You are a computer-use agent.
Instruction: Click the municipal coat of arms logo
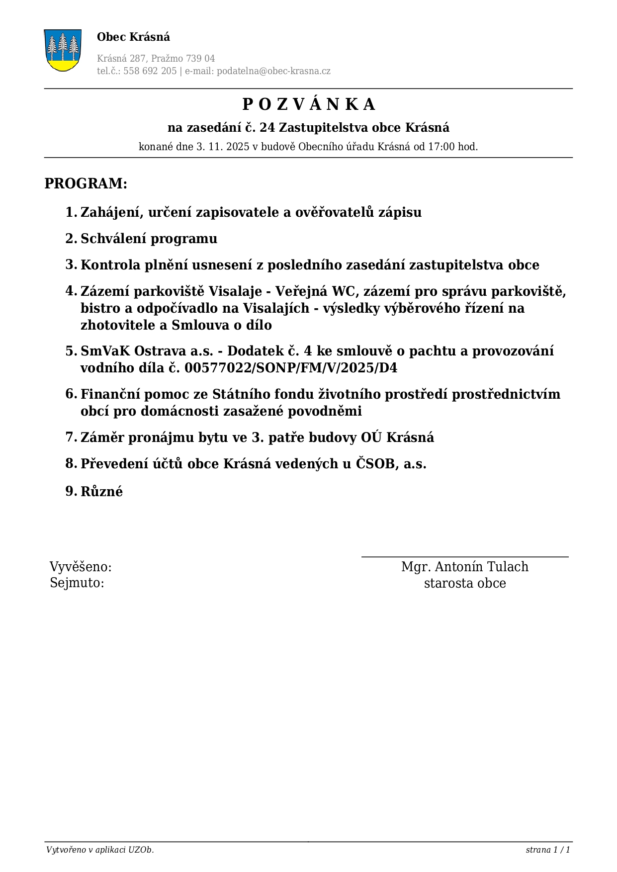click(x=63, y=50)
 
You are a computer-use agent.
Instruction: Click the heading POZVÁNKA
click(x=308, y=104)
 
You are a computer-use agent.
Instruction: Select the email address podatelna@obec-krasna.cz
click(x=273, y=71)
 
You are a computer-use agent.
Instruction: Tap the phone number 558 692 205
click(x=150, y=71)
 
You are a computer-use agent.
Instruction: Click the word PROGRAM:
click(x=86, y=183)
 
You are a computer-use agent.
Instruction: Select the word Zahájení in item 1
click(x=110, y=213)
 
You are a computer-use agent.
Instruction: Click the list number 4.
click(x=71, y=291)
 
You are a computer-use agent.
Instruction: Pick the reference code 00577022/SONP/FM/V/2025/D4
click(x=291, y=368)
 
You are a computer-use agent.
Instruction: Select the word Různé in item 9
click(x=101, y=492)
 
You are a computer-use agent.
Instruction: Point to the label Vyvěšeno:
click(x=81, y=567)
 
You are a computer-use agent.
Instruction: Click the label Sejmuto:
click(x=77, y=583)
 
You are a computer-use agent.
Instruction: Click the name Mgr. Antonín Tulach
click(x=464, y=567)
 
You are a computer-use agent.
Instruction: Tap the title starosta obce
click(x=464, y=583)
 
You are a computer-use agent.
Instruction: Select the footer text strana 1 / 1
click(x=547, y=850)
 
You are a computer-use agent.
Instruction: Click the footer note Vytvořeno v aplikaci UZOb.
click(x=100, y=850)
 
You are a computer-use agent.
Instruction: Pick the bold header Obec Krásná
click(x=133, y=37)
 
